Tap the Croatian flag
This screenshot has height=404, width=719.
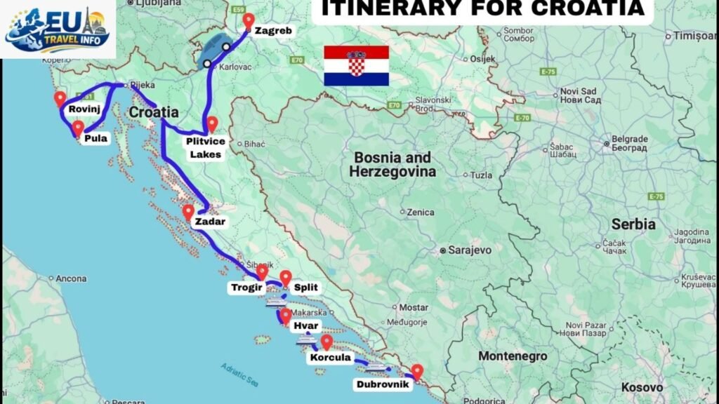[x=356, y=65]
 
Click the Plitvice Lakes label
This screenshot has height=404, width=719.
[x=204, y=147]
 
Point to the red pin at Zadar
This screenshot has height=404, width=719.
[x=188, y=212]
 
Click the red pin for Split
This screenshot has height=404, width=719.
[x=285, y=278]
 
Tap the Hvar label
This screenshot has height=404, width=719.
[x=301, y=327]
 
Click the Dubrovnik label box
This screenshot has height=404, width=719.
[x=382, y=384]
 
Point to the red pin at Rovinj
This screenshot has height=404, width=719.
[x=60, y=99]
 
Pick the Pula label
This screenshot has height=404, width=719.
[x=95, y=138]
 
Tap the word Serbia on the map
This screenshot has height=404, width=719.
[x=633, y=224]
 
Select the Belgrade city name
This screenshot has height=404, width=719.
[x=629, y=138]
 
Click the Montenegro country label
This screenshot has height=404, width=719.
[x=513, y=356]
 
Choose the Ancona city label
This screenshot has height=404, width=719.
[x=71, y=278]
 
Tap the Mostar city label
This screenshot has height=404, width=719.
[x=414, y=307]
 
